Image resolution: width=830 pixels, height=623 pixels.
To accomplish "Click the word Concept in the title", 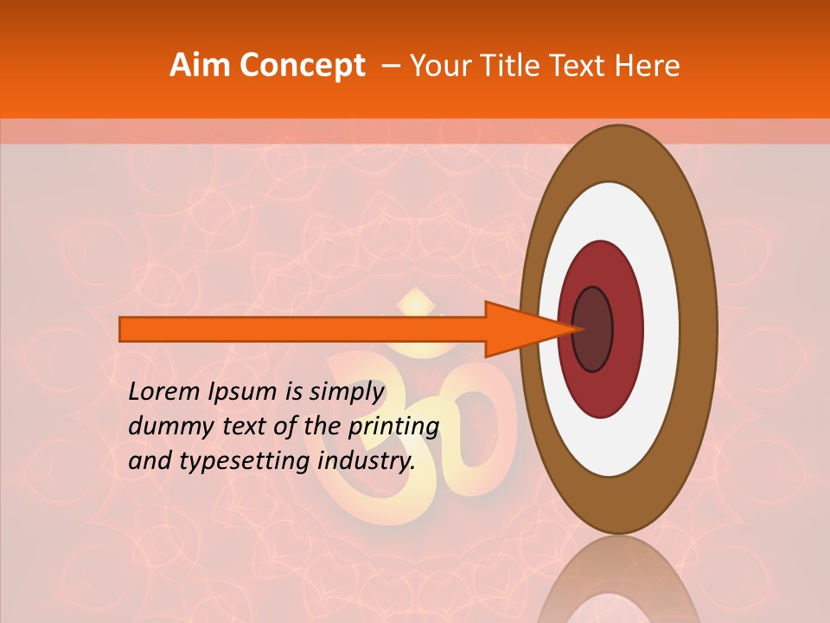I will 302,66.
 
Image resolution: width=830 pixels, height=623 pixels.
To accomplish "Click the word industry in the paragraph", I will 363,462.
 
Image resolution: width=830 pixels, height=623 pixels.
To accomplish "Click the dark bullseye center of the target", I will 593,329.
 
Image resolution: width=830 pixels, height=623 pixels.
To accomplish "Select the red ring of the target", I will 626,329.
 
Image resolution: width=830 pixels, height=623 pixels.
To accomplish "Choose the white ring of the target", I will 661,329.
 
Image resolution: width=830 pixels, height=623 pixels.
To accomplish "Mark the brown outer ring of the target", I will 699,329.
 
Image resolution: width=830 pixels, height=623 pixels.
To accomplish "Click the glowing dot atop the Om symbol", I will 417,305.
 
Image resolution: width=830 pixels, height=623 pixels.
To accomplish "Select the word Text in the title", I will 581,66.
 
